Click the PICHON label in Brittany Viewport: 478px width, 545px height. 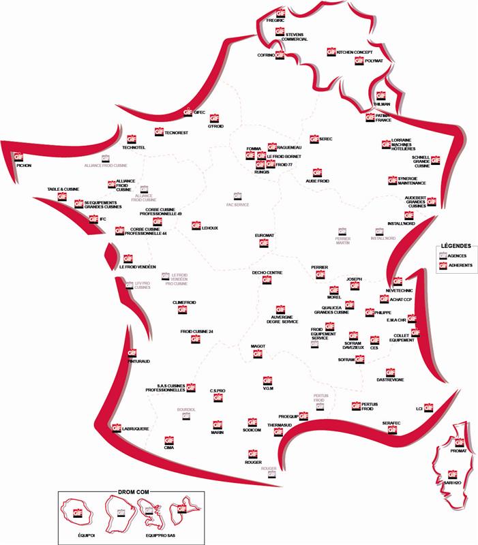23,165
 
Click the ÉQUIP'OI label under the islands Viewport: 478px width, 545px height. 85,535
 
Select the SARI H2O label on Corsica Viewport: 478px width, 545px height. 452,482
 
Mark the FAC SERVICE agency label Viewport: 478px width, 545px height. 238,204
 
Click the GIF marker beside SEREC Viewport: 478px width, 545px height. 314,139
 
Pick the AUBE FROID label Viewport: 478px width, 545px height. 317,181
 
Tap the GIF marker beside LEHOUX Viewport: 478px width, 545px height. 196,225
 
